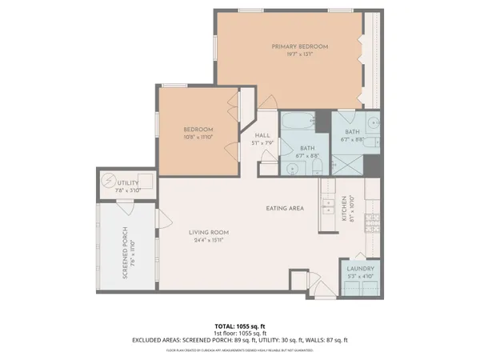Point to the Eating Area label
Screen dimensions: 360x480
tap(285, 209)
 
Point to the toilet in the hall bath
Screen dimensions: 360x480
tap(318, 167)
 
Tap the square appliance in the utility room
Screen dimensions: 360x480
tap(145, 181)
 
